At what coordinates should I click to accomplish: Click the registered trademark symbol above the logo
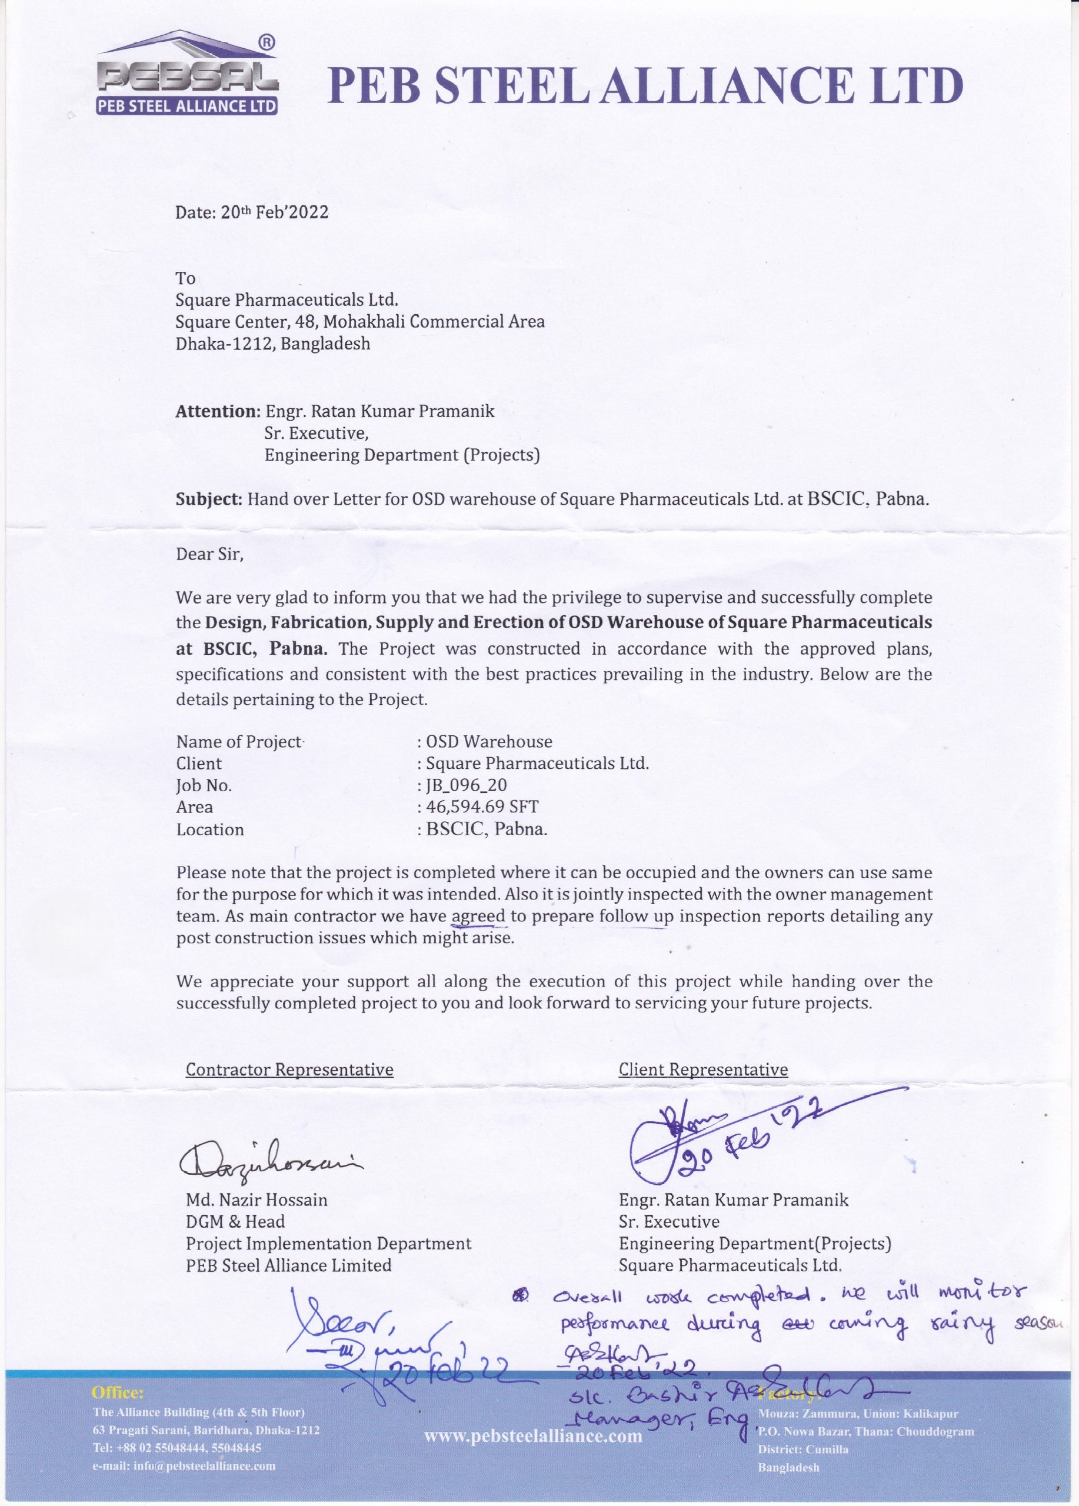point(264,42)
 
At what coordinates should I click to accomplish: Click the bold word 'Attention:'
point(217,411)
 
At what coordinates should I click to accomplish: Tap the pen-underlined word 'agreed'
point(479,917)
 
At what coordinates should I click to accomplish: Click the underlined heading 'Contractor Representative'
point(289,1069)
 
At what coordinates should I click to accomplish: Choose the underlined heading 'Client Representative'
point(703,1069)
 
